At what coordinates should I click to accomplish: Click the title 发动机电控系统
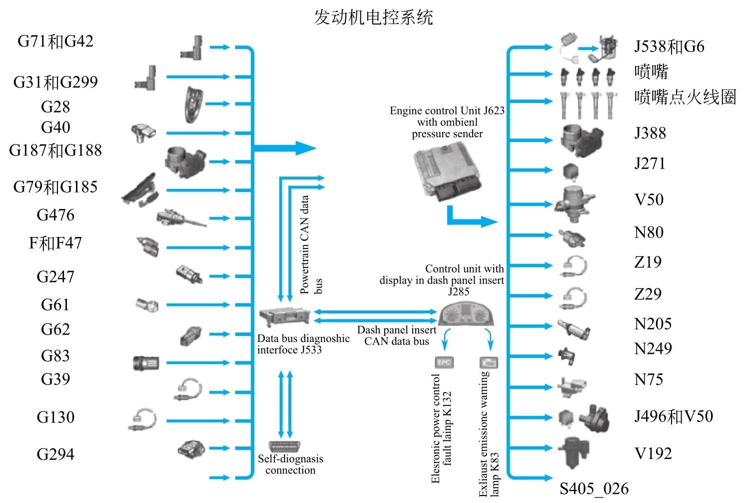click(373, 17)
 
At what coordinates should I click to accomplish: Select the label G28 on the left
click(55, 106)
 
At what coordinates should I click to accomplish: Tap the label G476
click(55, 215)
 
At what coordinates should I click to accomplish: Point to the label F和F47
click(55, 243)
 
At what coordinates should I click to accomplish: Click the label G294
click(55, 454)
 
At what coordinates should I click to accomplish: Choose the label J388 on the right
click(650, 133)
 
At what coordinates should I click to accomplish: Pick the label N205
click(653, 324)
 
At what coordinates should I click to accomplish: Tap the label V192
click(653, 453)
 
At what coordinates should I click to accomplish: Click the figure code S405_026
click(594, 488)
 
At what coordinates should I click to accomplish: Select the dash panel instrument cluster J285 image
click(468, 314)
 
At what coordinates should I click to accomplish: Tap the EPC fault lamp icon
click(444, 362)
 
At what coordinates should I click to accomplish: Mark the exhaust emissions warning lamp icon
click(489, 362)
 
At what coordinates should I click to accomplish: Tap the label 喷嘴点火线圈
click(685, 97)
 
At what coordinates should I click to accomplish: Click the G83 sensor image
click(146, 362)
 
